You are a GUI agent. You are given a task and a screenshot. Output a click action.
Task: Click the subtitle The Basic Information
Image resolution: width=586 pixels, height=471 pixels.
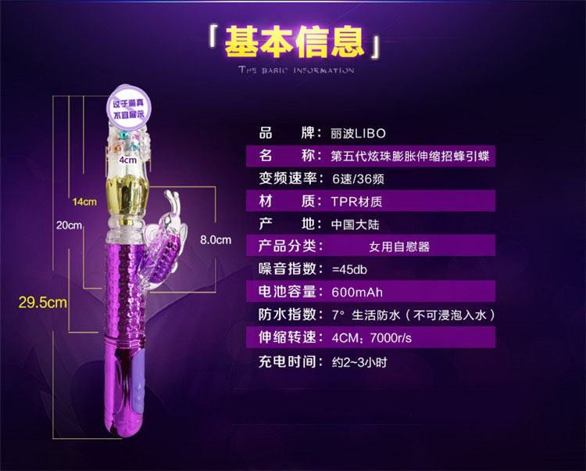pyautogui.click(x=296, y=70)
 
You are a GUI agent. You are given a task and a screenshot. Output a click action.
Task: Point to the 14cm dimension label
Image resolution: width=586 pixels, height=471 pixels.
pyautogui.click(x=84, y=202)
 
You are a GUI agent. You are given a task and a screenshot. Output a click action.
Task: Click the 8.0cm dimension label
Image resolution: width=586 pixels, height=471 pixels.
pyautogui.click(x=216, y=239)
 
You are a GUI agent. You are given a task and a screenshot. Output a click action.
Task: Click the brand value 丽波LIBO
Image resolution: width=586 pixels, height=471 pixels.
pyautogui.click(x=358, y=133)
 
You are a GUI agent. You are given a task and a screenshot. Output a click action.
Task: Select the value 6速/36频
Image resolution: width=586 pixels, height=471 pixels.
pyautogui.click(x=357, y=178)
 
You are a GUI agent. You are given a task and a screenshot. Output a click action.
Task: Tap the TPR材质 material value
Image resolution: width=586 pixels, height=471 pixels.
pyautogui.click(x=357, y=201)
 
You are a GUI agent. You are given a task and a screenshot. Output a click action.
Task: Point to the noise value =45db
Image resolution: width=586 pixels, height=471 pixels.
pyautogui.click(x=349, y=269)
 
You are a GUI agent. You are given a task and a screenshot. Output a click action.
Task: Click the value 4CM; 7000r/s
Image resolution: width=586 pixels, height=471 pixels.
pyautogui.click(x=371, y=339)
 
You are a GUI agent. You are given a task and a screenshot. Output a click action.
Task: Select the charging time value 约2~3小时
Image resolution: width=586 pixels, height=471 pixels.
pyautogui.click(x=359, y=362)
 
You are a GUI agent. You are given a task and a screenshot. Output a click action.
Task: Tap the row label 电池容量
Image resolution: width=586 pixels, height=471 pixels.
pyautogui.click(x=289, y=292)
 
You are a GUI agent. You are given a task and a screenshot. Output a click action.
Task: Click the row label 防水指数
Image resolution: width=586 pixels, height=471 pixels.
pyautogui.click(x=289, y=315)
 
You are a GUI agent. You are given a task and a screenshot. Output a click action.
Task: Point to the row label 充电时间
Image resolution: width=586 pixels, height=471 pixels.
pyautogui.click(x=289, y=361)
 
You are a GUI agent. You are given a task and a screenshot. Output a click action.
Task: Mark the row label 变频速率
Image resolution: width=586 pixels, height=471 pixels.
pyautogui.click(x=289, y=178)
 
